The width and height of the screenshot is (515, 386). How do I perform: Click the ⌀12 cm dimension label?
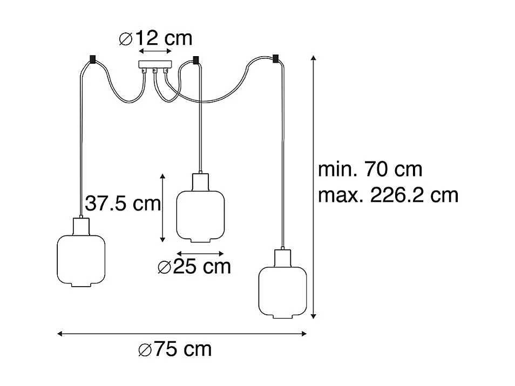[155, 38]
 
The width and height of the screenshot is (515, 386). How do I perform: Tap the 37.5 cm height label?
[123, 204]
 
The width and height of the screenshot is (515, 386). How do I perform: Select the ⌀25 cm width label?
[194, 266]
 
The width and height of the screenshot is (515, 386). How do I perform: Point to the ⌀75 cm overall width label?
[175, 350]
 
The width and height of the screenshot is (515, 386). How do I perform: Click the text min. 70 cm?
[370, 170]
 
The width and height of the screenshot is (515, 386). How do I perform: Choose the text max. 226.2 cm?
[388, 195]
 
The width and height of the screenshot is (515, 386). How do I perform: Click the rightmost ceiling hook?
[276, 58]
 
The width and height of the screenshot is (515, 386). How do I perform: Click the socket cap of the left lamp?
[80, 225]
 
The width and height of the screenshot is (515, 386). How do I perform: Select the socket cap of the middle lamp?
[200, 180]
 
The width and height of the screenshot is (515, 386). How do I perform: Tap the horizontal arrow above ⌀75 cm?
[182, 334]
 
